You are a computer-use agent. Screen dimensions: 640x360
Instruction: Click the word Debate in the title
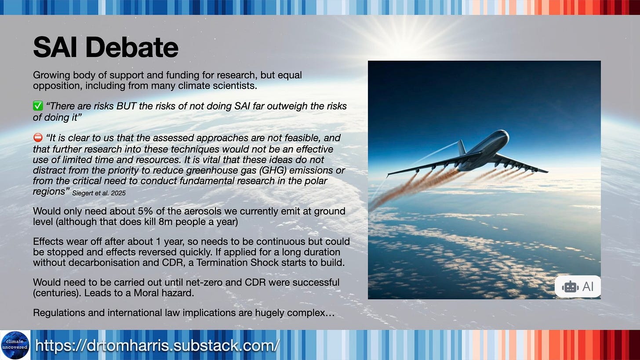132,47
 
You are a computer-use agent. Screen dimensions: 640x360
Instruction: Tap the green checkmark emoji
38,106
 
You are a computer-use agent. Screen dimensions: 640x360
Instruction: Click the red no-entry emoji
38,138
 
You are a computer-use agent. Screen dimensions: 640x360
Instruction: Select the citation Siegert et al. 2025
99,193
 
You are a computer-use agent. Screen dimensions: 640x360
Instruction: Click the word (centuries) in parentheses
57,293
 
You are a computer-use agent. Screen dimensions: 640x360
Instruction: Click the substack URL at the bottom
157,345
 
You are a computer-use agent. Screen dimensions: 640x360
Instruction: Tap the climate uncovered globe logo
15,345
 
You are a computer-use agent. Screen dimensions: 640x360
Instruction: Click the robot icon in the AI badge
570,287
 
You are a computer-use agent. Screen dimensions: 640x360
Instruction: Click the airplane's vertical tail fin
462,147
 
